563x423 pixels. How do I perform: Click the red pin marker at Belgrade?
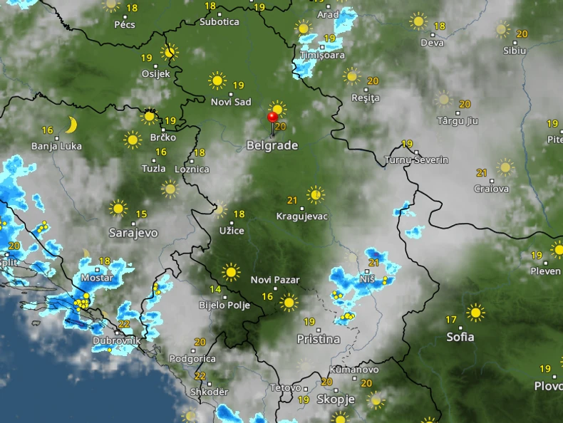pos(272,117)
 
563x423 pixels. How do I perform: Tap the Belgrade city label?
pos(272,145)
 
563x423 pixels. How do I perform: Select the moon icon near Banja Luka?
pos(71,125)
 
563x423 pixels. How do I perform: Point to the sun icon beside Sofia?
pos(475,312)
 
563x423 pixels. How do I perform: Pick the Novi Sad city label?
pos(231,102)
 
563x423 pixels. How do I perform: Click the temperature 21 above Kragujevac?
pos(292,200)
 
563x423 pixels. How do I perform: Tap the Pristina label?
pos(318,339)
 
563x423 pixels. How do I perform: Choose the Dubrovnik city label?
pos(116,341)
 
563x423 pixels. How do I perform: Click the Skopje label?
pos(335,399)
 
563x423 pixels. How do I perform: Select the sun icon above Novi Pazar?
pos(231,272)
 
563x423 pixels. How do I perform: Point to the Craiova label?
pos(492,189)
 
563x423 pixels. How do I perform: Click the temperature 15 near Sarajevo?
pos(142,214)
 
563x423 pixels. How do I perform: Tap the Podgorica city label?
pos(192,359)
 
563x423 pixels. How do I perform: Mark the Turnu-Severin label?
pos(416,160)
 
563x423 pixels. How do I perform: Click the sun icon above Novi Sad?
pos(217,80)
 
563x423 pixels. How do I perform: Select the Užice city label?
pos(232,231)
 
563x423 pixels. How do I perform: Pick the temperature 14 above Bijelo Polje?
pos(215,289)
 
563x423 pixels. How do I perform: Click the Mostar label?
pos(98,277)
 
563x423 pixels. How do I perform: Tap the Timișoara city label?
pos(322,55)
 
